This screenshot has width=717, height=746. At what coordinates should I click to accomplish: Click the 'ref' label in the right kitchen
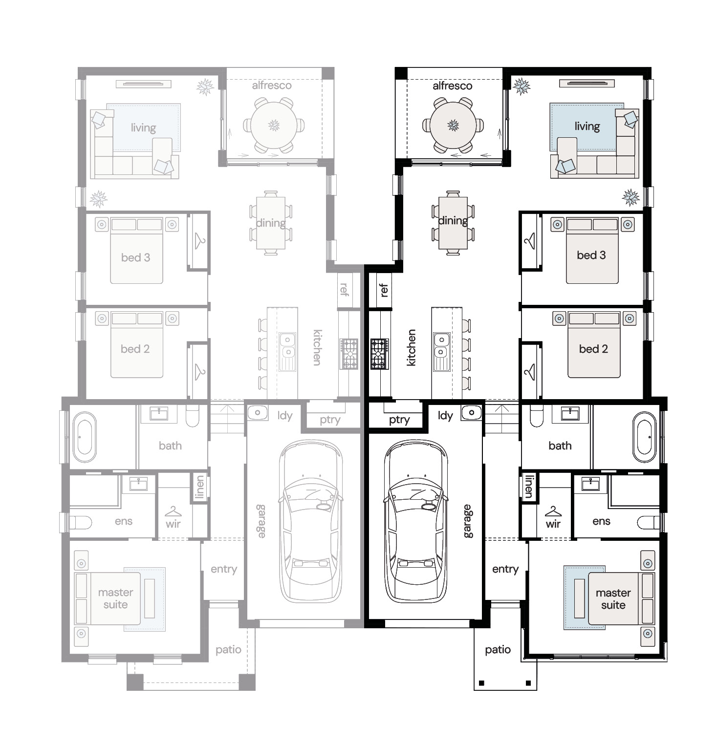pyautogui.click(x=384, y=290)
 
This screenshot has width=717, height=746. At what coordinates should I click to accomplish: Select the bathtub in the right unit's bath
pyautogui.click(x=645, y=437)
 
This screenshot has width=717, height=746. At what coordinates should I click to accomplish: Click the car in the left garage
pyautogui.click(x=310, y=522)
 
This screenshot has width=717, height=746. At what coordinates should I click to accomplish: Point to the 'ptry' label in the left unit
pyautogui.click(x=330, y=420)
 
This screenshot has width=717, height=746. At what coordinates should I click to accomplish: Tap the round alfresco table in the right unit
pyautogui.click(x=454, y=125)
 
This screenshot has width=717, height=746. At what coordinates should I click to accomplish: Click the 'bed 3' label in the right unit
pyautogui.click(x=591, y=255)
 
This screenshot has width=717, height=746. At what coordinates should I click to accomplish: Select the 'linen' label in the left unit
pyautogui.click(x=199, y=487)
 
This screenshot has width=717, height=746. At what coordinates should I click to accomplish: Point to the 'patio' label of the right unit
pyautogui.click(x=498, y=650)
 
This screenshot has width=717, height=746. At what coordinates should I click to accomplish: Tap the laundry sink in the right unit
pyautogui.click(x=472, y=413)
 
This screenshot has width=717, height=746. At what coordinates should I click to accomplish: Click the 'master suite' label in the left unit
pyautogui.click(x=115, y=598)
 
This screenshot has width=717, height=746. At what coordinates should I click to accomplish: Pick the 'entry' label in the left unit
pyautogui.click(x=224, y=569)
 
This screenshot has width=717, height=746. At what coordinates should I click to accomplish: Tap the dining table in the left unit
pyautogui.click(x=271, y=222)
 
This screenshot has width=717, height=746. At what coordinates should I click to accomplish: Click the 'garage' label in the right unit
pyautogui.click(x=468, y=521)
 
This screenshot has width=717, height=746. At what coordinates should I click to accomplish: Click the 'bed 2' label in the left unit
pyautogui.click(x=135, y=349)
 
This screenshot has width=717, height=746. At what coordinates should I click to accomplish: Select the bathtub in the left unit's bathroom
pyautogui.click(x=85, y=437)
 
